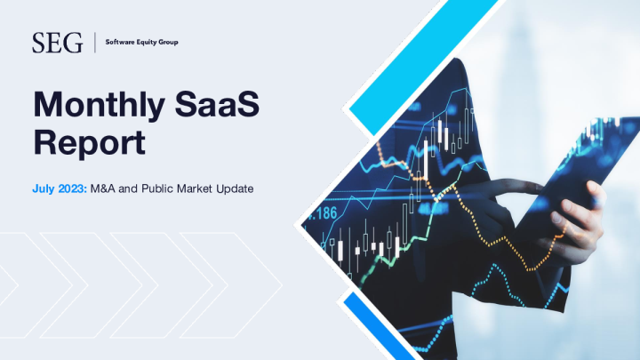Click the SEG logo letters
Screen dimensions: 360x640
pyautogui.click(x=57, y=42)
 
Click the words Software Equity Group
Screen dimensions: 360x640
pyautogui.click(x=141, y=42)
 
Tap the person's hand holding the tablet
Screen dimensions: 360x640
pyautogui.click(x=582, y=213)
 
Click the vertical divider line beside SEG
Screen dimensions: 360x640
pyautogui.click(x=93, y=42)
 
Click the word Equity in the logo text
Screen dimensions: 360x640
pyautogui.click(x=143, y=42)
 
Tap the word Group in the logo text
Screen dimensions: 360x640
pyautogui.click(x=166, y=42)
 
